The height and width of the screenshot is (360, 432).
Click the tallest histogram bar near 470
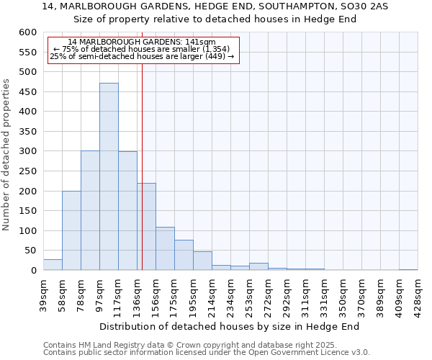click(109, 176)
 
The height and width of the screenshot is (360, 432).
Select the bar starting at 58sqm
click(71, 230)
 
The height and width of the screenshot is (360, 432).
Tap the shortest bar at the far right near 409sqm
click(408, 269)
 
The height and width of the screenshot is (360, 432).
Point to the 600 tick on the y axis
click(27, 32)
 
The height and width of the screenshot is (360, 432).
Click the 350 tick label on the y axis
click(27, 132)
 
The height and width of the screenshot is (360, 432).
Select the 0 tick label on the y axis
click(33, 271)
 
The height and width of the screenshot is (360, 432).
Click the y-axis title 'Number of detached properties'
click(6, 155)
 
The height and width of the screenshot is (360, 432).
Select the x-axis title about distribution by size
click(229, 326)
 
